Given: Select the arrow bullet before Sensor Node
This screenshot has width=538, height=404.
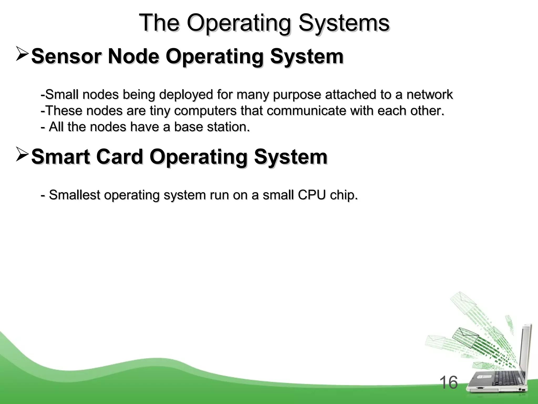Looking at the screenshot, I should click(22, 54).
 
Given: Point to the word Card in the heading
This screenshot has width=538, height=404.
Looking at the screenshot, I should click(120, 157).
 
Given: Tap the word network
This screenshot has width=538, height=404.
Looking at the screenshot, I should click(430, 94).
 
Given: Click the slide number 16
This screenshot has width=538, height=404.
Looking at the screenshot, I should click(448, 382).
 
